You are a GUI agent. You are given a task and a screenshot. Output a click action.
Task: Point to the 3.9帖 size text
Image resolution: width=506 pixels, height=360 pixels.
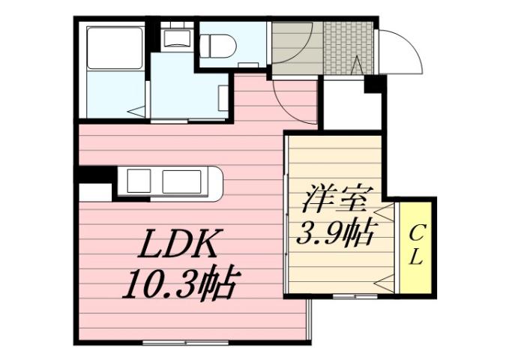[x=337, y=234]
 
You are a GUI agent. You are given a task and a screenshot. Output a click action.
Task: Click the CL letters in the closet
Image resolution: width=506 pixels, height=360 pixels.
[x=417, y=246]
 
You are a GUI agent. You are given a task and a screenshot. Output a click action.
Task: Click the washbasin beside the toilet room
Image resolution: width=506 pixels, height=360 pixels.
[x=177, y=40]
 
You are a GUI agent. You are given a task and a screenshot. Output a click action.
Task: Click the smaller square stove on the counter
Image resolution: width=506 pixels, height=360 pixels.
[x=139, y=181]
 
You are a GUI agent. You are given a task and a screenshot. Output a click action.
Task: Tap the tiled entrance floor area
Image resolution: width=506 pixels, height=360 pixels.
[x=348, y=46]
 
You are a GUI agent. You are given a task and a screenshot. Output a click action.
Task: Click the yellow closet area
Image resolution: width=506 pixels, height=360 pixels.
[x=417, y=247]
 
